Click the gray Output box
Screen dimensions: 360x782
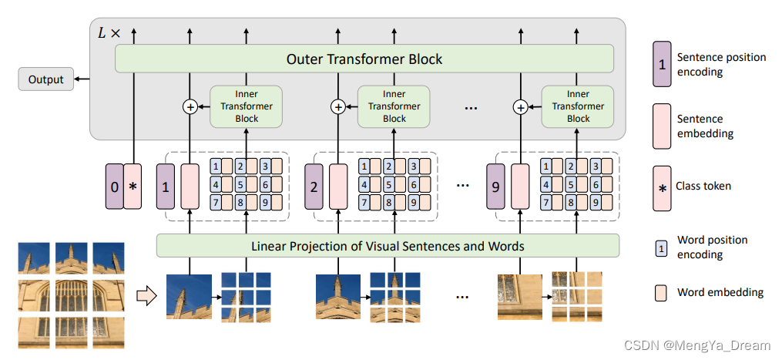click(46, 79)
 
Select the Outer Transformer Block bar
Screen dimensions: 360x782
click(364, 59)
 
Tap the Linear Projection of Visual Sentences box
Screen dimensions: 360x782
click(388, 246)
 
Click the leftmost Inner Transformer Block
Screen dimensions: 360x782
click(246, 107)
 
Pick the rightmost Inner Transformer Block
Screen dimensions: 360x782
click(578, 107)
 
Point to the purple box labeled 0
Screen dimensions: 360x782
click(115, 187)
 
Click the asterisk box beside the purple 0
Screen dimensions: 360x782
click(133, 187)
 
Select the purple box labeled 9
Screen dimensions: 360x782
click(495, 187)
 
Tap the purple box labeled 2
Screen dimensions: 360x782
click(314, 187)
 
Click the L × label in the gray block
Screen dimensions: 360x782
click(109, 33)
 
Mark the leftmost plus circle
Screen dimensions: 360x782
click(190, 107)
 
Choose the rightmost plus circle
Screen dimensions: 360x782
click(521, 107)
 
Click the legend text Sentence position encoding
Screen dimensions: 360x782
click(710, 65)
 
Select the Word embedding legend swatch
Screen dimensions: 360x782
click(661, 292)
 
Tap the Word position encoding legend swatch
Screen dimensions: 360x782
click(661, 247)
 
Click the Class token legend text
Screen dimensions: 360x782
click(703, 186)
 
